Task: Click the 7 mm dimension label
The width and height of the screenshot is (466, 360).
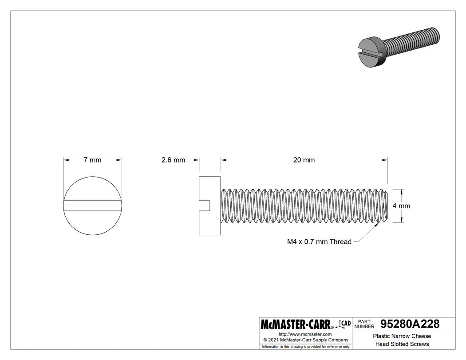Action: [92, 160]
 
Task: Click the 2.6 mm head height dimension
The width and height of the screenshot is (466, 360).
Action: [173, 160]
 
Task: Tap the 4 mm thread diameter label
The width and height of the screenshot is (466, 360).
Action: [401, 206]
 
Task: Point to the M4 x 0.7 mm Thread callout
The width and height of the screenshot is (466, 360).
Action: [319, 242]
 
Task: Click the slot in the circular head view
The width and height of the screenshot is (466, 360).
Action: [92, 206]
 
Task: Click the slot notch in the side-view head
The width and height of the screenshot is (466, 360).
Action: [205, 206]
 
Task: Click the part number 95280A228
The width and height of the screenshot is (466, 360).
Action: [407, 324]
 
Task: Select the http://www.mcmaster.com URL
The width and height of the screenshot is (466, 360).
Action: [305, 334]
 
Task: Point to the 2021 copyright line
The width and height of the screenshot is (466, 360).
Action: [305, 340]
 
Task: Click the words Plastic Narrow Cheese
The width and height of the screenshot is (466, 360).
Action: [402, 336]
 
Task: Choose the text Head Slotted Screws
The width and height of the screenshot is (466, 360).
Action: [402, 344]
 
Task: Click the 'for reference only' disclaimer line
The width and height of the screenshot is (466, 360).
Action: [306, 347]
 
